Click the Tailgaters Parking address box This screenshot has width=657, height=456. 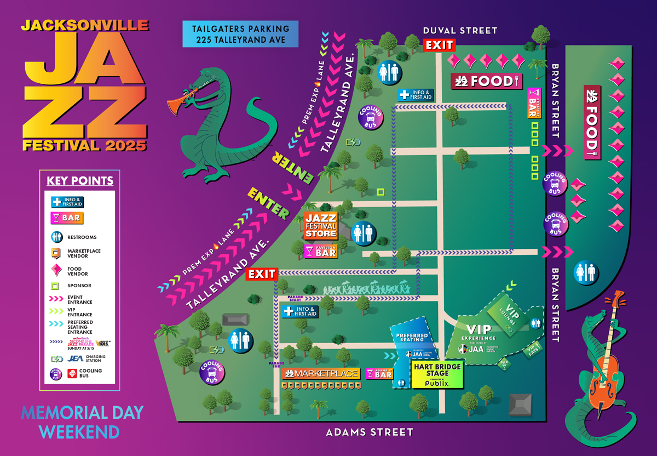[x=241, y=34]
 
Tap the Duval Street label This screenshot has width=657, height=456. [x=460, y=31]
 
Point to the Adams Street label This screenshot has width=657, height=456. [x=370, y=432]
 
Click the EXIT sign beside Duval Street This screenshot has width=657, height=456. [x=439, y=45]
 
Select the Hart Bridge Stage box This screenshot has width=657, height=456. [x=438, y=375]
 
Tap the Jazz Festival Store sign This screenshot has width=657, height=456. [x=321, y=226]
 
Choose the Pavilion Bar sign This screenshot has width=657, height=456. [x=321, y=251]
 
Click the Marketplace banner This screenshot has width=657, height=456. [x=321, y=374]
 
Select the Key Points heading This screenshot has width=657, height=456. [x=80, y=181]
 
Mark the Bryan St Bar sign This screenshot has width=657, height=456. [x=534, y=103]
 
